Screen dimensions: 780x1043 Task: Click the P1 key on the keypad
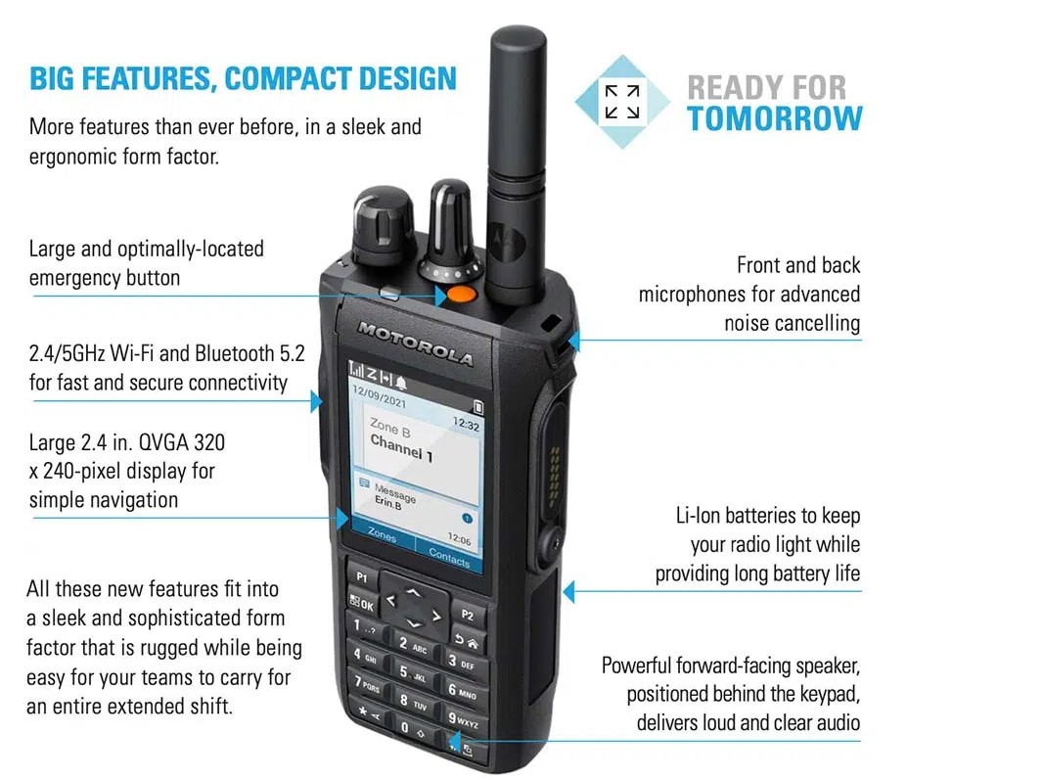pyautogui.click(x=362, y=577)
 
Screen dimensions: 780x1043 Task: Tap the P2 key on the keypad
pyautogui.click(x=468, y=616)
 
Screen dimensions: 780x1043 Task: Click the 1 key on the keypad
pyautogui.click(x=362, y=625)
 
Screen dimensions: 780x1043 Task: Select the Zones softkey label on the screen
pyautogui.click(x=382, y=535)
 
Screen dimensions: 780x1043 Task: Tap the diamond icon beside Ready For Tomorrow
pyautogui.click(x=622, y=101)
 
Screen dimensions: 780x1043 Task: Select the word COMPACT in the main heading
pyautogui.click(x=287, y=78)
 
